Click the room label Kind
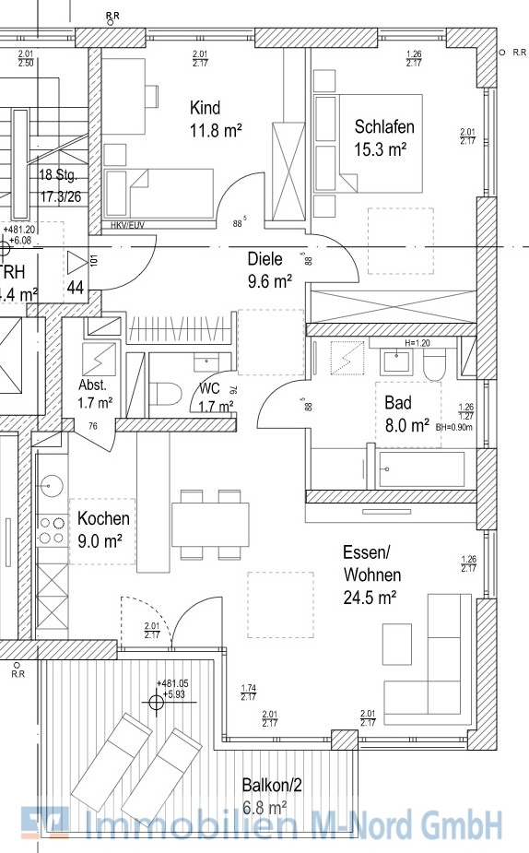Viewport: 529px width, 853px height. click(x=206, y=107)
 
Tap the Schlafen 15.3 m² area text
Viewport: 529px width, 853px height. click(x=383, y=148)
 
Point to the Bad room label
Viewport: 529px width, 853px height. click(x=397, y=403)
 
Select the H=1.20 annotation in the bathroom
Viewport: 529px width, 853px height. click(x=417, y=342)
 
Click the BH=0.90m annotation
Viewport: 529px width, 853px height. click(x=455, y=426)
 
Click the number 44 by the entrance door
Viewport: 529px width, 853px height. click(x=75, y=287)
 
